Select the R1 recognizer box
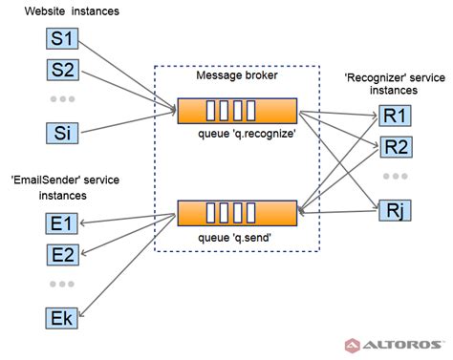pos(394,116)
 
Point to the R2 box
pos(394,146)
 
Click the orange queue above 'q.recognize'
pos(237,110)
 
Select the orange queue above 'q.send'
pos(237,212)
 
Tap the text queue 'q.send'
pos(233,236)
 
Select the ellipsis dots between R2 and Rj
pos(394,177)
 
